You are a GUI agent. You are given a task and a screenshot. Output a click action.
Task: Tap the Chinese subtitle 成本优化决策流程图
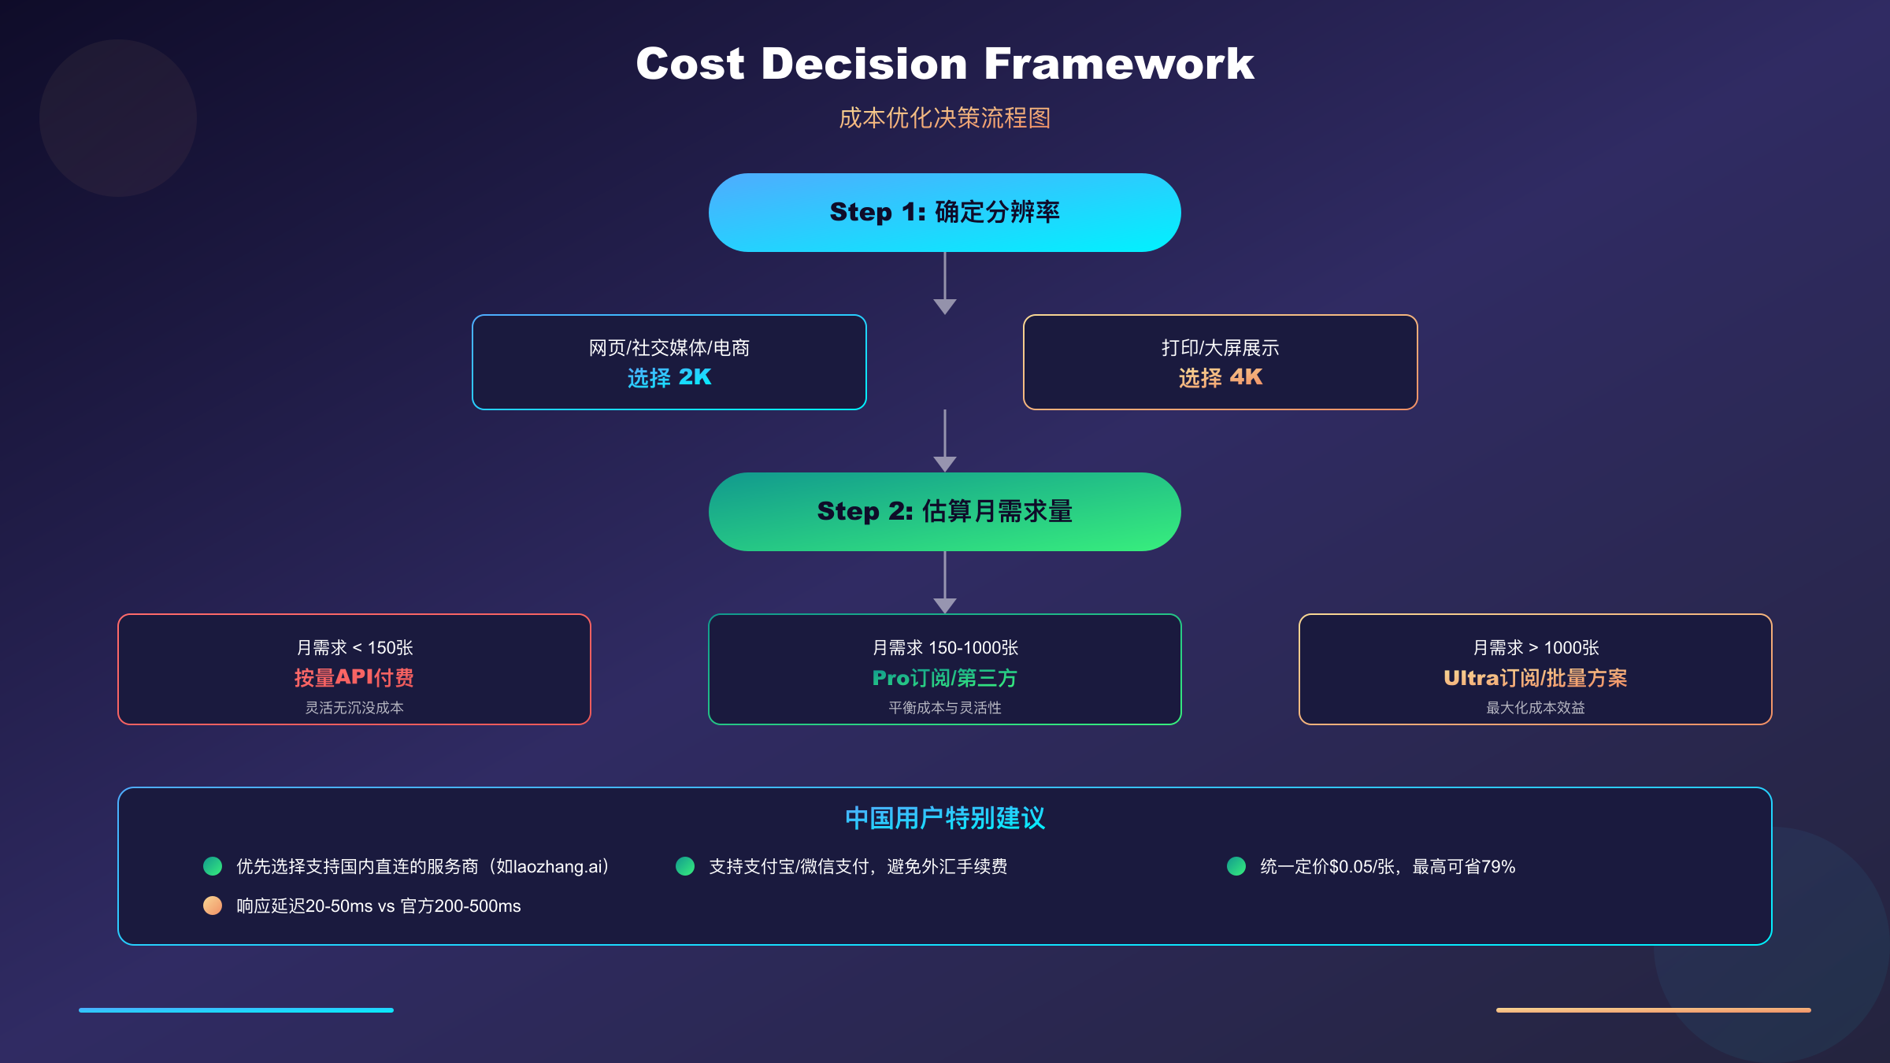945,118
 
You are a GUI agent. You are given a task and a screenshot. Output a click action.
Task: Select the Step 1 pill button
945,213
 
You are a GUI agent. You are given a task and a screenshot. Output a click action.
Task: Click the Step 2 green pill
945,512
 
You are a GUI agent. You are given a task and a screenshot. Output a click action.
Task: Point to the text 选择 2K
669,378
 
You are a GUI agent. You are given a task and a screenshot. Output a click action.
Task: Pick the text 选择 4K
1221,378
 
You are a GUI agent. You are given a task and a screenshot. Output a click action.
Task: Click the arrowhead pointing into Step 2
945,464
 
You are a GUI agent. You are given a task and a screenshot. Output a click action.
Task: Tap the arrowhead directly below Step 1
945,306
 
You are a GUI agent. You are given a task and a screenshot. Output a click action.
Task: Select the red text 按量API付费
354,678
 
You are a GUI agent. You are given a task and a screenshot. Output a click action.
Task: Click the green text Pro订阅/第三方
945,678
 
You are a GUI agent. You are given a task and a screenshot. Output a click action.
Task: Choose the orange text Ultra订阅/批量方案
1536,678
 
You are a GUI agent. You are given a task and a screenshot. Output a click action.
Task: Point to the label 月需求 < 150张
354,648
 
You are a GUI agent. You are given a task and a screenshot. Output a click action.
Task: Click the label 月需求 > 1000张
1536,648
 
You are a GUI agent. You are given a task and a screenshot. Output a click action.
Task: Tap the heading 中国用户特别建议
945,818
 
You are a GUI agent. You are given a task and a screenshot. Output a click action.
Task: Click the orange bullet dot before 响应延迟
213,906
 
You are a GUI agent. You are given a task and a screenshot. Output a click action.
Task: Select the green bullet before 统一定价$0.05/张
1236,866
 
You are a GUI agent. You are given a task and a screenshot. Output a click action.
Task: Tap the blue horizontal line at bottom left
236,1009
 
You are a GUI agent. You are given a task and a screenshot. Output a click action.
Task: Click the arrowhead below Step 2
945,606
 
